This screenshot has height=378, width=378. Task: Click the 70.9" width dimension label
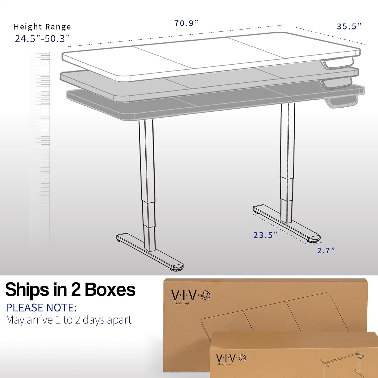(186, 23)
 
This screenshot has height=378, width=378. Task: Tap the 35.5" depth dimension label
(349, 26)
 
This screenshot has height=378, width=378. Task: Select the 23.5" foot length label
(265, 235)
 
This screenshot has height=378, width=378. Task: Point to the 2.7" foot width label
(326, 250)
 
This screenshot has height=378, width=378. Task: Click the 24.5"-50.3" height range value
(42, 39)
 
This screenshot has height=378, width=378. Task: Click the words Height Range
(42, 27)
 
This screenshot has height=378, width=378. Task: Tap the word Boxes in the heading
(110, 290)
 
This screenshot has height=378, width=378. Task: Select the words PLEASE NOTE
(41, 308)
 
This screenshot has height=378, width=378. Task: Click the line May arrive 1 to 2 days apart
(69, 320)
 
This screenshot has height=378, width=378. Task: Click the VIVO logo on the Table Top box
(191, 295)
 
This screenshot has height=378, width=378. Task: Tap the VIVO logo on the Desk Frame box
(231, 358)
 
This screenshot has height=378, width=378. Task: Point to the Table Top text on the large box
(181, 303)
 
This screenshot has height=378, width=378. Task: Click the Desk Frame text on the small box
(225, 364)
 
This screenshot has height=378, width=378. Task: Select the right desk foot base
(286, 222)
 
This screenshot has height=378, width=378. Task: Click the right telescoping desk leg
(287, 161)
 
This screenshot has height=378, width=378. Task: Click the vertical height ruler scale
(40, 149)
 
